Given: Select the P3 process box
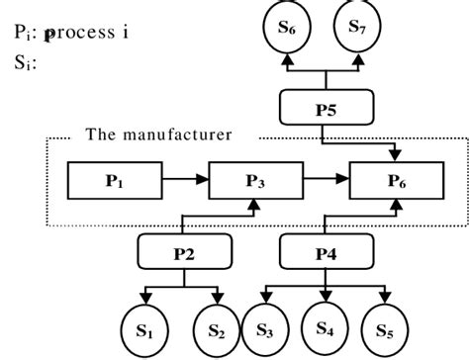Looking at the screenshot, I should [256, 181].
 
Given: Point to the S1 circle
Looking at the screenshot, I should [145, 326].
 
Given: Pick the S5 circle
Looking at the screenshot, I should [388, 326].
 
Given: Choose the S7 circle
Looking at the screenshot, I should [356, 30].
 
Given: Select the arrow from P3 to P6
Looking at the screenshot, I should [326, 181].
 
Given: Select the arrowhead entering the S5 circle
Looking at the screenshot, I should [388, 296].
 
